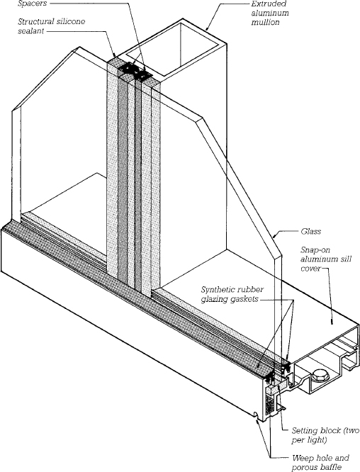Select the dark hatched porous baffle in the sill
(269, 403)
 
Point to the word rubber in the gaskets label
(257, 289)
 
